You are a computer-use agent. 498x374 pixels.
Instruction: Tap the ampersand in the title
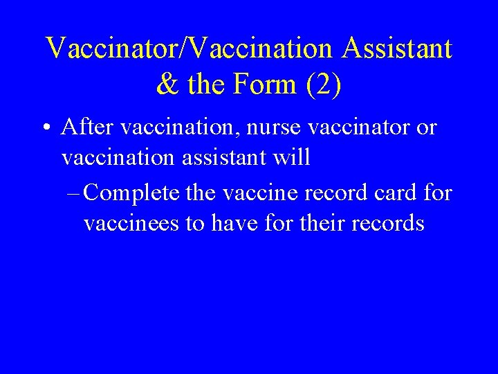(x=168, y=84)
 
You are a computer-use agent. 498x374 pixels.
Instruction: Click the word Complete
(x=133, y=193)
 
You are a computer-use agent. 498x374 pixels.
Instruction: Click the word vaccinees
(x=133, y=223)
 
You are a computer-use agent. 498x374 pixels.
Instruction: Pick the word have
(x=237, y=223)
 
